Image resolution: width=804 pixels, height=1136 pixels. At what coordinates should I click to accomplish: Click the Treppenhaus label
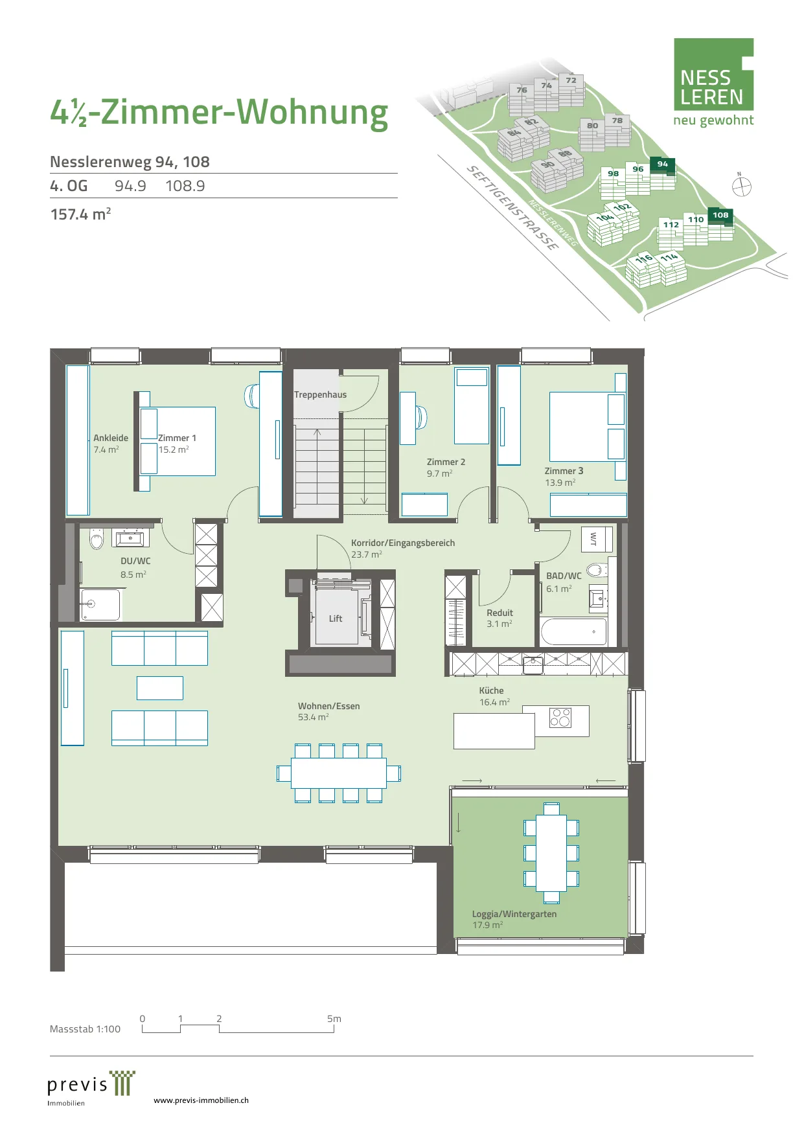pyautogui.click(x=320, y=394)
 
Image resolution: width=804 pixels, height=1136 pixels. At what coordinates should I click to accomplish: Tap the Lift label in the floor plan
pyautogui.click(x=336, y=619)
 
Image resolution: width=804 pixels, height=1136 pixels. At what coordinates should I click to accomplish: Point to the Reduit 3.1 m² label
pyautogui.click(x=500, y=618)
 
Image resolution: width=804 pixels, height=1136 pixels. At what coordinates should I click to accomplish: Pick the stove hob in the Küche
pyautogui.click(x=560, y=718)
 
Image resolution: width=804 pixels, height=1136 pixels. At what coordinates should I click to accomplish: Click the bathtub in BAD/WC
pyautogui.click(x=574, y=631)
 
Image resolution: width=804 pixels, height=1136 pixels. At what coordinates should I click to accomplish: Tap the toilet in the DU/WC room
pyautogui.click(x=97, y=538)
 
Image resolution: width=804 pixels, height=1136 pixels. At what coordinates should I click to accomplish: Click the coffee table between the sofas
pyautogui.click(x=160, y=688)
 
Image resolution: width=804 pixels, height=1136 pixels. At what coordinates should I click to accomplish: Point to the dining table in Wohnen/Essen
pyautogui.click(x=339, y=773)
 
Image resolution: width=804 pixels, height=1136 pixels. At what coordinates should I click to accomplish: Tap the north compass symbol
pyautogui.click(x=741, y=187)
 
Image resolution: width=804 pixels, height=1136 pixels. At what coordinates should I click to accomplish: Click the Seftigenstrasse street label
pyautogui.click(x=512, y=208)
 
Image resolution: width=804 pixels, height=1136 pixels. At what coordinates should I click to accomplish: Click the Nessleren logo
pyautogui.click(x=713, y=82)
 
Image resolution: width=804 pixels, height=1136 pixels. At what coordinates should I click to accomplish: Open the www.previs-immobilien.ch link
pyautogui.click(x=201, y=1100)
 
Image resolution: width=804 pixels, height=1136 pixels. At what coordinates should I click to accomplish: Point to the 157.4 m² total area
pyautogui.click(x=80, y=214)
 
